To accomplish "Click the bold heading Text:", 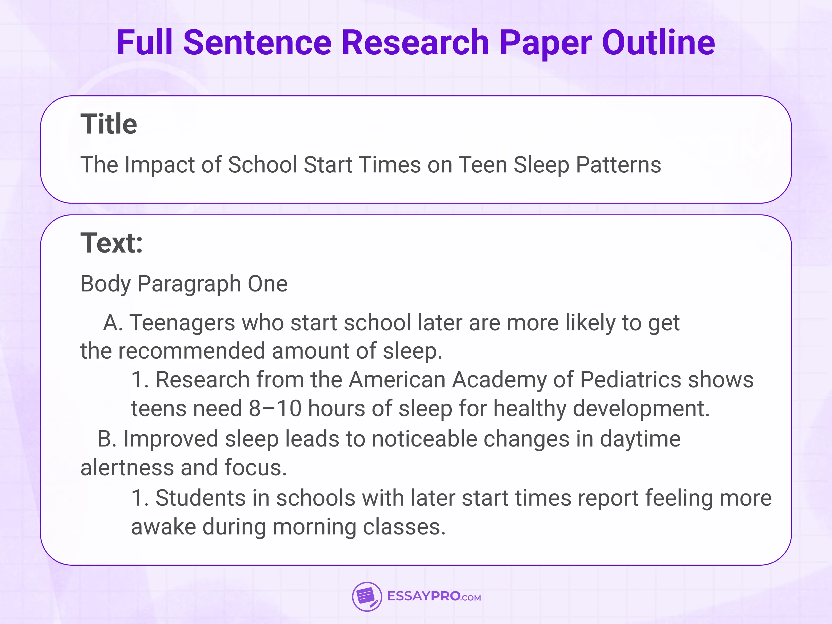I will tap(112, 243).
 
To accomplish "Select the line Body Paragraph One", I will tap(184, 283).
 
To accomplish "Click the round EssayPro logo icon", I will tap(367, 597).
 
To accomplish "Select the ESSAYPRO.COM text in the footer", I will tap(434, 597).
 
